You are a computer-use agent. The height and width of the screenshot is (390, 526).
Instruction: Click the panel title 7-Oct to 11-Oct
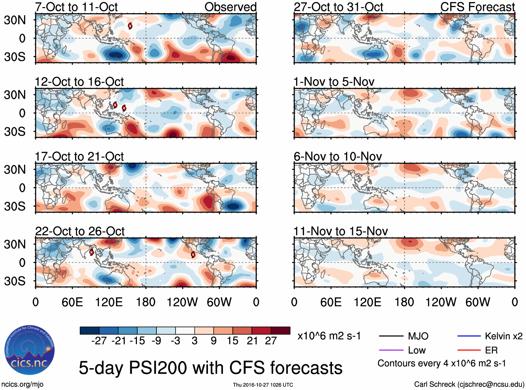pyautogui.click(x=76, y=7)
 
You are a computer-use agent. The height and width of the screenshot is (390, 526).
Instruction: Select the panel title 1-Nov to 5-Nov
pyautogui.click(x=334, y=82)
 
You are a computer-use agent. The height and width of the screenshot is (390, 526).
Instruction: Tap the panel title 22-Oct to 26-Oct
pyautogui.click(x=80, y=231)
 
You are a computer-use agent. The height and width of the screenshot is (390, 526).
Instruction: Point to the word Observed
pyautogui.click(x=230, y=7)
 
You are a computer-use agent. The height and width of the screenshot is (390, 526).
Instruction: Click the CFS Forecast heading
pyautogui.click(x=477, y=7)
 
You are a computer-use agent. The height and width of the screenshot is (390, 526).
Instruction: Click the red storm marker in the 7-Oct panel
pyautogui.click(x=130, y=26)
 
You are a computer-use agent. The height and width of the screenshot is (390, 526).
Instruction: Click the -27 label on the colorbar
pyautogui.click(x=99, y=341)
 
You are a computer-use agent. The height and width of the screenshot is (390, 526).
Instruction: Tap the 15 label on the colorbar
pyautogui.click(x=233, y=341)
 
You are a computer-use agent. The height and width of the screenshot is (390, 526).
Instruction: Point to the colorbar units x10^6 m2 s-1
pyautogui.click(x=329, y=336)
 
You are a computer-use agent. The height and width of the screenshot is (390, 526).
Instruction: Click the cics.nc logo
pyautogui.click(x=30, y=350)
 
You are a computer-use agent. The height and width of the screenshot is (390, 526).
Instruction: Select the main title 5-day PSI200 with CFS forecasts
pyautogui.click(x=210, y=368)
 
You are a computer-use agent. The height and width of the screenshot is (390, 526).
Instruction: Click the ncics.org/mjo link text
pyautogui.click(x=22, y=384)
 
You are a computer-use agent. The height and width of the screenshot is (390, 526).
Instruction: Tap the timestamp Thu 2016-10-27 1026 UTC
pyautogui.click(x=263, y=385)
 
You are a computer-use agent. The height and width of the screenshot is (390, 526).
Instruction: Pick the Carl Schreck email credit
pyautogui.click(x=469, y=384)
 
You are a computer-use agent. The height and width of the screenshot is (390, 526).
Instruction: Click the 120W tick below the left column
pyautogui.click(x=182, y=302)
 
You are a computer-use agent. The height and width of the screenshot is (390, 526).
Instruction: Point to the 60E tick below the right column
pyautogui.click(x=331, y=302)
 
